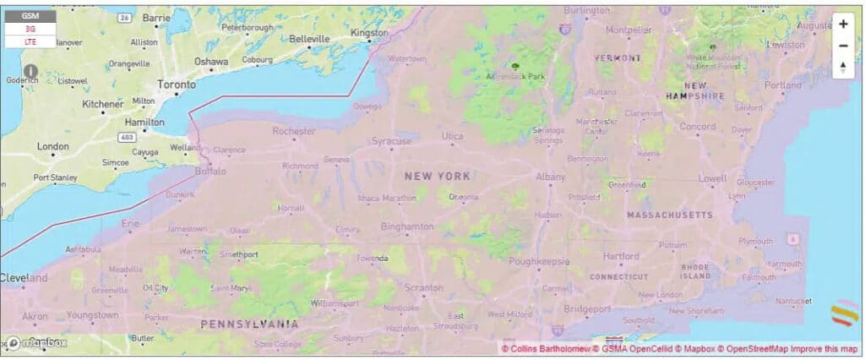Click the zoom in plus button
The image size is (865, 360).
click(843, 25)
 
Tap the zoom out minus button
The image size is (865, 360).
click(843, 46)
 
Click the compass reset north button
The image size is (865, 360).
click(843, 68)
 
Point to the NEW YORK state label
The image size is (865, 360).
click(437, 176)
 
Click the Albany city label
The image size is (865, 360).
click(551, 177)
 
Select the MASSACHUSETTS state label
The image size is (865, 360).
click(670, 215)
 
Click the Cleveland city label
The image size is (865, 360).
click(24, 277)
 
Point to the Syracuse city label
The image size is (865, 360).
click(392, 140)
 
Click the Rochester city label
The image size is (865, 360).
click(294, 131)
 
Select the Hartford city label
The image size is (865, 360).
click(621, 256)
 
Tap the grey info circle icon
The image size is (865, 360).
click(30, 71)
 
